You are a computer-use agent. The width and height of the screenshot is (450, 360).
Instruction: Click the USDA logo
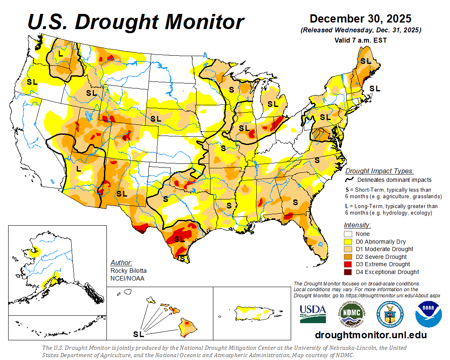[313, 314]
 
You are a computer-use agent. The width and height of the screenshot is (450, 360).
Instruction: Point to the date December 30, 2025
[360, 19]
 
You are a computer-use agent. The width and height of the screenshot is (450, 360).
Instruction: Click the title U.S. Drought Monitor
[136, 21]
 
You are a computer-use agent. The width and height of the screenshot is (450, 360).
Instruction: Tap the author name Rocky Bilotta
[128, 271]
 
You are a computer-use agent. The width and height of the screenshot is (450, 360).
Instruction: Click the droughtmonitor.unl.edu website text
[371, 335]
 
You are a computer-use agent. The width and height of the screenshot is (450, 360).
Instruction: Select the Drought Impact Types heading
[379, 171]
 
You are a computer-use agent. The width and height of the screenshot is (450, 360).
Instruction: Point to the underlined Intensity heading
[357, 225]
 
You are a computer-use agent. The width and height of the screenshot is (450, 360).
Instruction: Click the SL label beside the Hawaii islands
[138, 334]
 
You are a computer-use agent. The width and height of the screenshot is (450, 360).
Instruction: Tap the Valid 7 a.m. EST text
[360, 40]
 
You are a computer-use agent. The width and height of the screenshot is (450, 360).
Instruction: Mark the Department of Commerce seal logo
[390, 314]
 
